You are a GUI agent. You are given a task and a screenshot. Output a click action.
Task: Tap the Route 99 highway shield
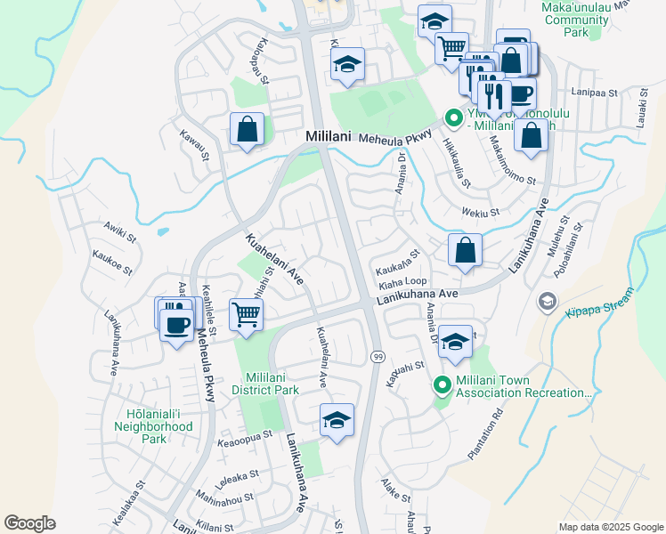[378, 356]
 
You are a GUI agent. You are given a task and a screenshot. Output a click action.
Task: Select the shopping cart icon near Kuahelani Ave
[246, 314]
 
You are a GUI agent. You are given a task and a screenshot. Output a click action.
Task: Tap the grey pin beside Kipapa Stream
[546, 302]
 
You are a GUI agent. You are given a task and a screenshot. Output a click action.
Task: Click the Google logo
[29, 523]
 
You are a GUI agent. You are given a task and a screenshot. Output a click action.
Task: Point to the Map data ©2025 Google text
[610, 527]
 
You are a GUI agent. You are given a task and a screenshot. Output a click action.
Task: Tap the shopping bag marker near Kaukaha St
[465, 250]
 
